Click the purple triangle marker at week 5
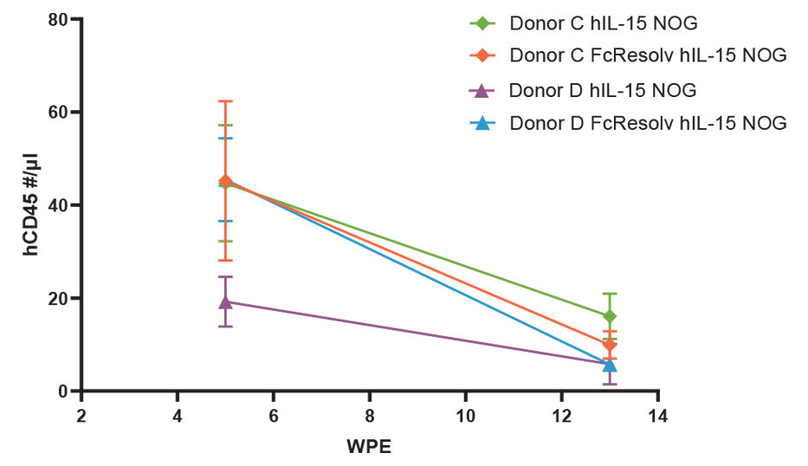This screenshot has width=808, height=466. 225,301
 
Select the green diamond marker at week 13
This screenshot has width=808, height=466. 610,316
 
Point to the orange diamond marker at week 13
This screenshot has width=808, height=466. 610,345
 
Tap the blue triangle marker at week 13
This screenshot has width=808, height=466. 610,365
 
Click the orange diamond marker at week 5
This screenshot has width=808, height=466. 225,181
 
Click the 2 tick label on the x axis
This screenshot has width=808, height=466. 81,414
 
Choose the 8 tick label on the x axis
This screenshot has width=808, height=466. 370,414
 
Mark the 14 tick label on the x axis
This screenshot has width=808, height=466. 657,414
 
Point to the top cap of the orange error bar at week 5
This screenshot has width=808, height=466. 225,101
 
